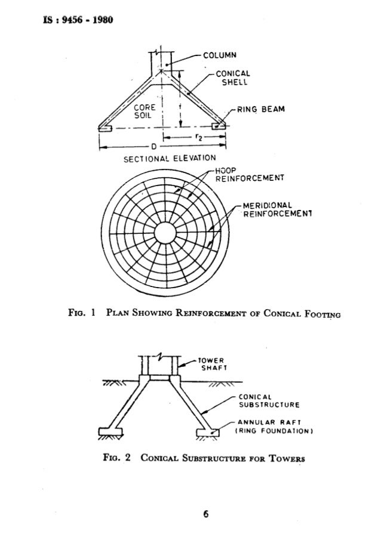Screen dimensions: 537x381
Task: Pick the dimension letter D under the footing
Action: (x=153, y=146)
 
